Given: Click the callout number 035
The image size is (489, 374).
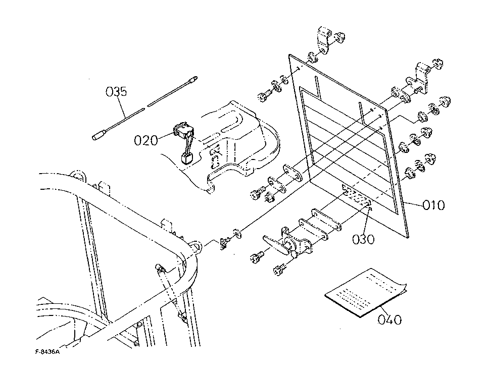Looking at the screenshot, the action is point(116,92).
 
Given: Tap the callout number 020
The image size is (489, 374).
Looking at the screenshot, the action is point(146,140).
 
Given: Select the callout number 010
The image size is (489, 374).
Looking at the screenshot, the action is point(433,205).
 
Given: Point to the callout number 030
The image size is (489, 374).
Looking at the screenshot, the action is point(363,239).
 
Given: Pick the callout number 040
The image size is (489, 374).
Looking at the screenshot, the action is point(390,319).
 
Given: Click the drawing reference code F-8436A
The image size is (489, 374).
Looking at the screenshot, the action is point(47,352).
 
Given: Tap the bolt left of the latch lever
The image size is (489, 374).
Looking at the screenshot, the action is point(257,256).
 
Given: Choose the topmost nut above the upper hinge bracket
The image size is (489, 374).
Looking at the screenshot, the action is point(339,37).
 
